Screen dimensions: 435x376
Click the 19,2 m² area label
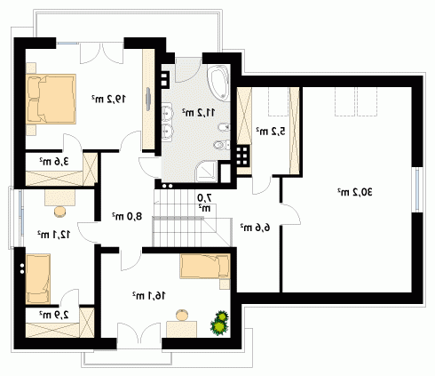click(x=108, y=99)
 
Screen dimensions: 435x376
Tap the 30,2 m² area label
click(x=355, y=192)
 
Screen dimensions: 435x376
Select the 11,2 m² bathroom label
click(x=198, y=112)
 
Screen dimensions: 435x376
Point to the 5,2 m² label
click(x=271, y=131)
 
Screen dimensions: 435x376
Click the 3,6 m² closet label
click(x=54, y=162)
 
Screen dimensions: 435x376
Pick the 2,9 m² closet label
click(x=54, y=315)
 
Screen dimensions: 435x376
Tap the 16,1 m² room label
click(x=148, y=295)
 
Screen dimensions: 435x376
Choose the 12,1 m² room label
click(x=53, y=235)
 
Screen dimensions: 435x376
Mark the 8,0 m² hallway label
click(x=127, y=216)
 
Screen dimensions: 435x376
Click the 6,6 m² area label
click(x=255, y=228)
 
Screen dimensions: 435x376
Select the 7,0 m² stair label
click(x=205, y=203)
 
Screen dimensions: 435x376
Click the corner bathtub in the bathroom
click(x=218, y=83)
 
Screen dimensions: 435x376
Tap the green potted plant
click(x=219, y=323)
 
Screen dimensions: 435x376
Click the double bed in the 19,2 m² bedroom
click(x=51, y=99)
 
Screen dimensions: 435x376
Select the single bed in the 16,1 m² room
click(x=205, y=266)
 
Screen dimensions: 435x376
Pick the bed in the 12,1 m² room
click(x=38, y=279)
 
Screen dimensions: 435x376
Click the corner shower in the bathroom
click(x=207, y=172)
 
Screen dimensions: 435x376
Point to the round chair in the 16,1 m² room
click(x=182, y=315)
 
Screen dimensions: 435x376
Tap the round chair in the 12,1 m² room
click(x=60, y=212)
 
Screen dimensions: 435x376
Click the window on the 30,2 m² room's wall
click(x=417, y=189)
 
